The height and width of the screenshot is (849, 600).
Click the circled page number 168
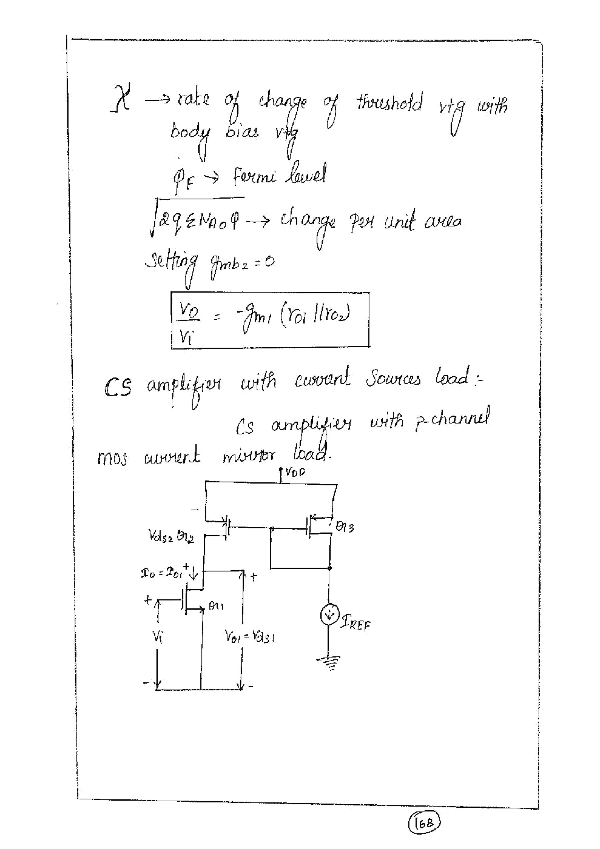424,823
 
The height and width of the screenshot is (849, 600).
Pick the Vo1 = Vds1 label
249,636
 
